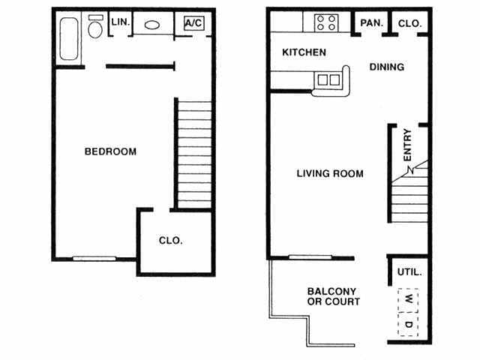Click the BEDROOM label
pos(110,151)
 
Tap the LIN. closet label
pos(121,22)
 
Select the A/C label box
pos(193,23)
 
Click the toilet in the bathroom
pos(95,28)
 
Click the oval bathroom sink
pos(151,24)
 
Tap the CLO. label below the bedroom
pos(171,241)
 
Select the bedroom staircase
pos(194,153)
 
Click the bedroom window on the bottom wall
pos(94,259)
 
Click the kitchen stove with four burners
pos(325,22)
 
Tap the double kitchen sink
pos(328,79)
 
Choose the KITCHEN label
pos(304,52)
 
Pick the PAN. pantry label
pos(371,23)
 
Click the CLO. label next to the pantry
pos(409,23)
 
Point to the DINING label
pos(387,67)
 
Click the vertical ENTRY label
pos(407,146)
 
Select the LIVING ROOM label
pos(330,174)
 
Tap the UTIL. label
pos(409,272)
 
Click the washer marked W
pos(409,299)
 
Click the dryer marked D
pos(409,324)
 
